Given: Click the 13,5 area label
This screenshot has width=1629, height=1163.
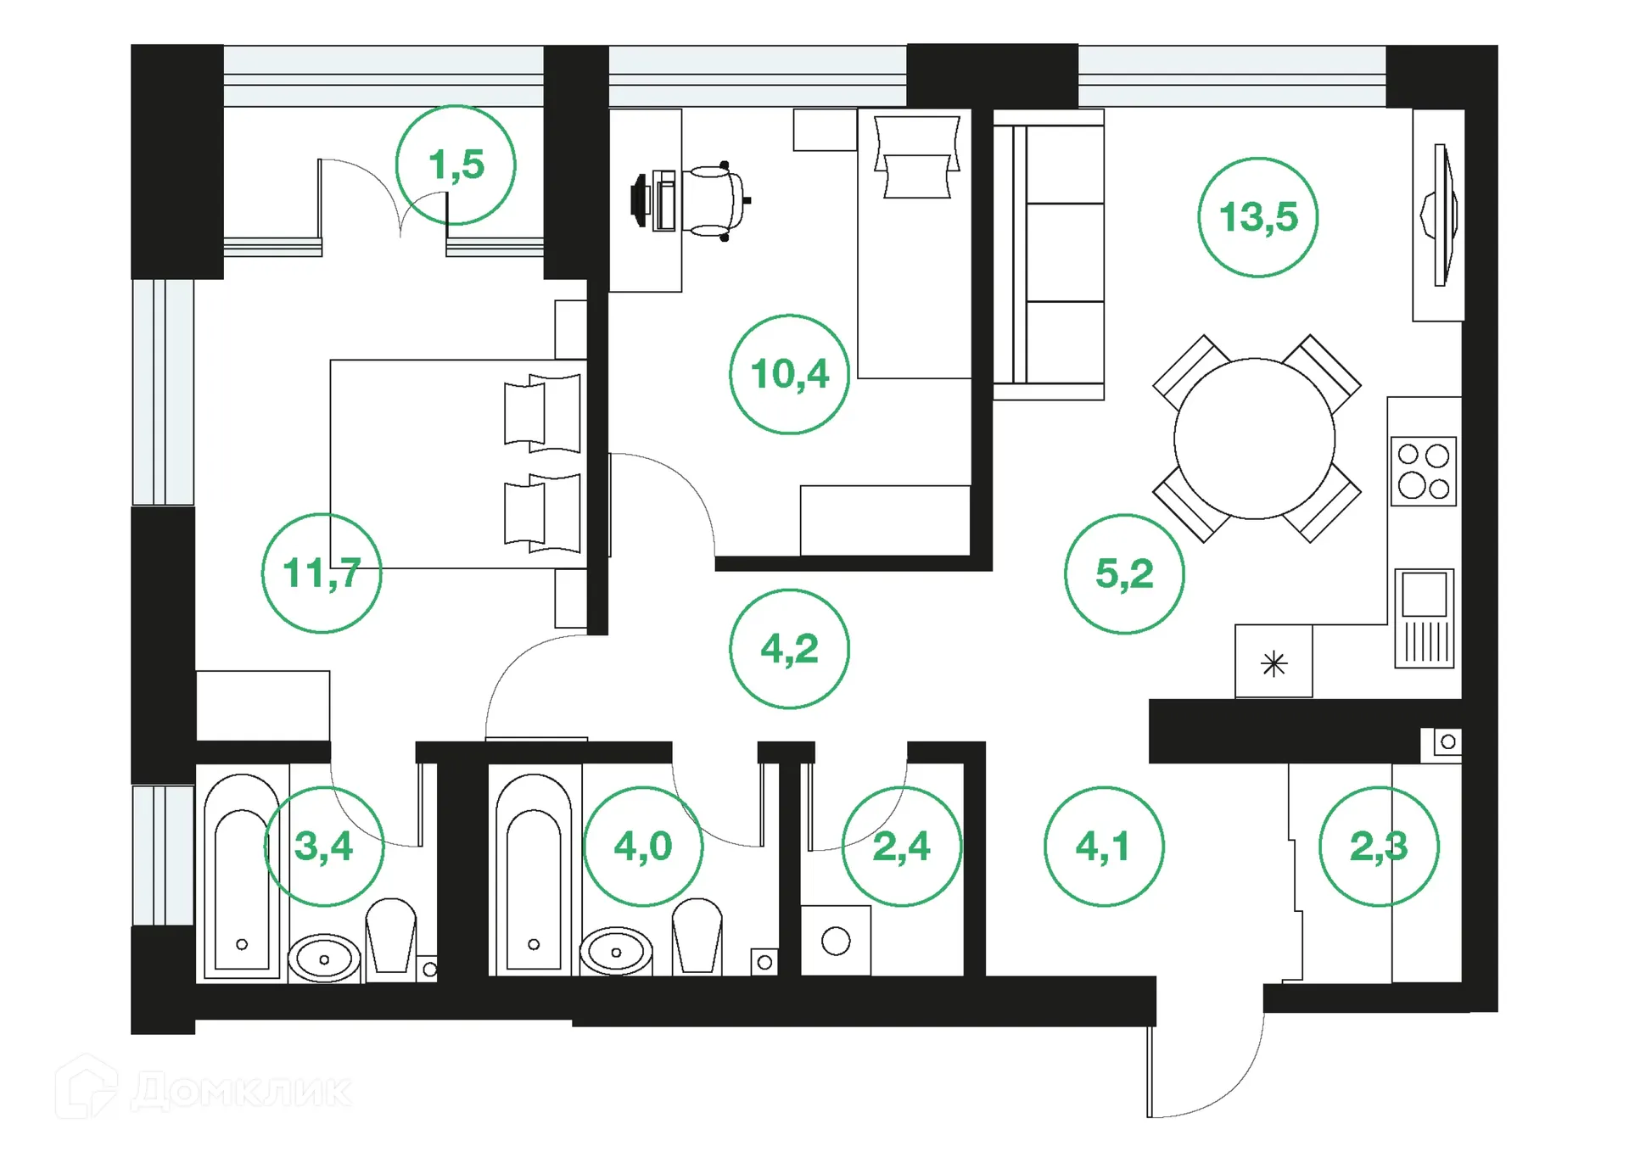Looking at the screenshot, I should click(x=1257, y=217).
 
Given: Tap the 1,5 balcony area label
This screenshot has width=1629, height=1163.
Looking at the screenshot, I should click(x=456, y=165).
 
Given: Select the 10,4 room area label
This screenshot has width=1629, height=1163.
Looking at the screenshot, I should click(x=789, y=374).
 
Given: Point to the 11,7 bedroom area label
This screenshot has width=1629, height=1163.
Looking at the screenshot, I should click(x=322, y=573).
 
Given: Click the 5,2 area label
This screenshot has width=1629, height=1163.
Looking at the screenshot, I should click(x=1124, y=574).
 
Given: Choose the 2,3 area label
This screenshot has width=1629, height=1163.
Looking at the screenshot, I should click(x=1379, y=847).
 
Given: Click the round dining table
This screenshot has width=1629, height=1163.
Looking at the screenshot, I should click(x=1254, y=439).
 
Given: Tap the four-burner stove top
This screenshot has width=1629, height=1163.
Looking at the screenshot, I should click(x=1423, y=472).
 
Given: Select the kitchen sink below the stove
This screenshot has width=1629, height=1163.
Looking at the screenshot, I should click(x=1424, y=618).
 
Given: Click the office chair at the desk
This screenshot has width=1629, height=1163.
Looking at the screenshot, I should click(x=713, y=200).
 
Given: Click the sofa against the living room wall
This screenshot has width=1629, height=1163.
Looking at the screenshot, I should click(x=1049, y=254).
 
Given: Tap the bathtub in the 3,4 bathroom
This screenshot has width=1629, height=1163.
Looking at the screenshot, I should click(x=242, y=878).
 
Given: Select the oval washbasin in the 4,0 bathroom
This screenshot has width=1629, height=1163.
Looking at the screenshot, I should click(x=616, y=952).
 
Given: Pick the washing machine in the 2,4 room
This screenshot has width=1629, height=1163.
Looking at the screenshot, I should click(x=836, y=941).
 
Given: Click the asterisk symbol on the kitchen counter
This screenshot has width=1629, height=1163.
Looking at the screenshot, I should click(x=1274, y=663).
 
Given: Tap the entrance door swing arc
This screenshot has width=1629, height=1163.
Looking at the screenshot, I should click(x=1222, y=1086).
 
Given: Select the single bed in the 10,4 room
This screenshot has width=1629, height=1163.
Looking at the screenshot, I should click(x=914, y=246).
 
